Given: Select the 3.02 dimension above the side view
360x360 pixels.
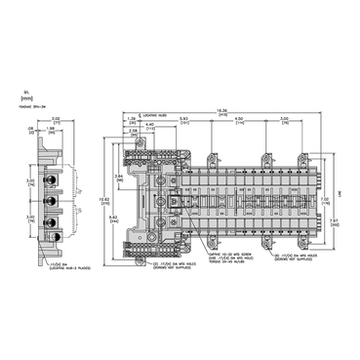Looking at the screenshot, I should (x=56, y=118).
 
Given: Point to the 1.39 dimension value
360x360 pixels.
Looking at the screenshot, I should (x=133, y=119).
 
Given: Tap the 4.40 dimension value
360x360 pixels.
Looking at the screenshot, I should (x=150, y=124).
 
